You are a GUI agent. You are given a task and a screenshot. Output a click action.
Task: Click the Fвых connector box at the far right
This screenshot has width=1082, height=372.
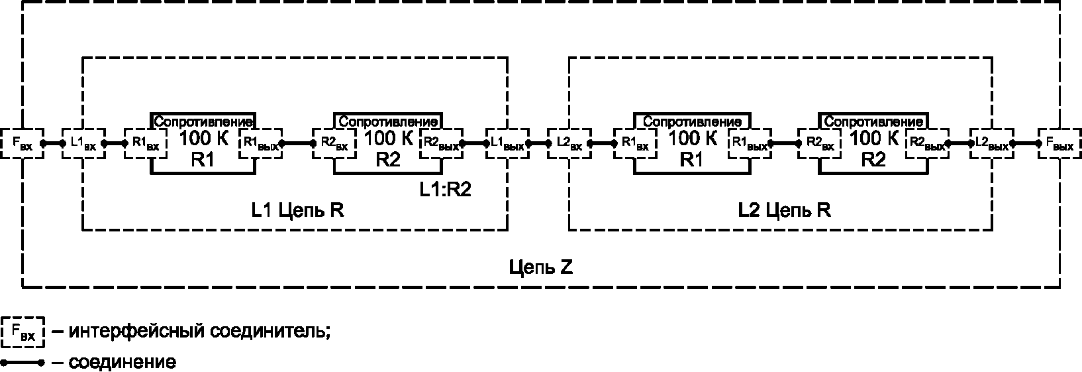tap(1059, 143)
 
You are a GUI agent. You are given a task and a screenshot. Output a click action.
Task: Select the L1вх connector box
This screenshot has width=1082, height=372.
tap(84, 143)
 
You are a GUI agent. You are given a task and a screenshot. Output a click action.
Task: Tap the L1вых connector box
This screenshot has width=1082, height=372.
tap(508, 143)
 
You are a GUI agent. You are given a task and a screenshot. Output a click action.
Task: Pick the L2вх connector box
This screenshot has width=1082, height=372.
tap(569, 143)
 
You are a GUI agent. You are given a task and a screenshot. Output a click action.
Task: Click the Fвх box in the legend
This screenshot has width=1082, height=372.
tap(23, 333)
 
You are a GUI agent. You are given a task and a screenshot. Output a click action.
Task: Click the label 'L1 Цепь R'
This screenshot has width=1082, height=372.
tap(298, 210)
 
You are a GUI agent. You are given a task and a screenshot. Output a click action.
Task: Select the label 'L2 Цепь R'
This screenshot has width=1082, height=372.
tap(785, 210)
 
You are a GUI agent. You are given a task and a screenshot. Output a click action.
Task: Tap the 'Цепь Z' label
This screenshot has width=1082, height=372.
tap(541, 267)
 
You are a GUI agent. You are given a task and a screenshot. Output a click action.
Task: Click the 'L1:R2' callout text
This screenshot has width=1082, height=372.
tap(445, 188)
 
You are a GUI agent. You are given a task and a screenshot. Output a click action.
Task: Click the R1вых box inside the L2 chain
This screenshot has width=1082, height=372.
tap(748, 143)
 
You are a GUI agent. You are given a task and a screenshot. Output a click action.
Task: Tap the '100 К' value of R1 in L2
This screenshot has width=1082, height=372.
tap(693, 139)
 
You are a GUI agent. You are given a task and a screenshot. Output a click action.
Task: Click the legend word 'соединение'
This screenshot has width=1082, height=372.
tap(123, 363)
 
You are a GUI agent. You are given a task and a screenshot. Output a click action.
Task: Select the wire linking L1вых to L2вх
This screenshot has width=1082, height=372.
tap(538, 143)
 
